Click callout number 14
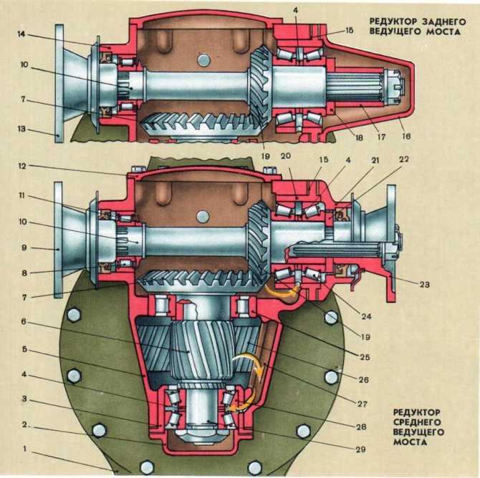pos(21,34)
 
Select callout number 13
pos(21,129)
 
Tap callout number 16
pos(406,136)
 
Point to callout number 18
pos(359,137)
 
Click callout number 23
pos(425,284)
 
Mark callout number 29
pos(360,449)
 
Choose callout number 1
pos(25,449)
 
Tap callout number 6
pos(24,322)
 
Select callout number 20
pos(285,156)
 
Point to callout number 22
pos(404,160)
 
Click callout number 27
pos(362,404)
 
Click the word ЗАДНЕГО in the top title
pos(444,21)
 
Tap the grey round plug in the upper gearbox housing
pos(203,60)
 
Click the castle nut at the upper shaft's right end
pos(394,87)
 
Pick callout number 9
pos(24,248)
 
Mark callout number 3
pos(24,399)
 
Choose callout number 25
pos(364,356)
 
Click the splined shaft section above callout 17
pos(355,87)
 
